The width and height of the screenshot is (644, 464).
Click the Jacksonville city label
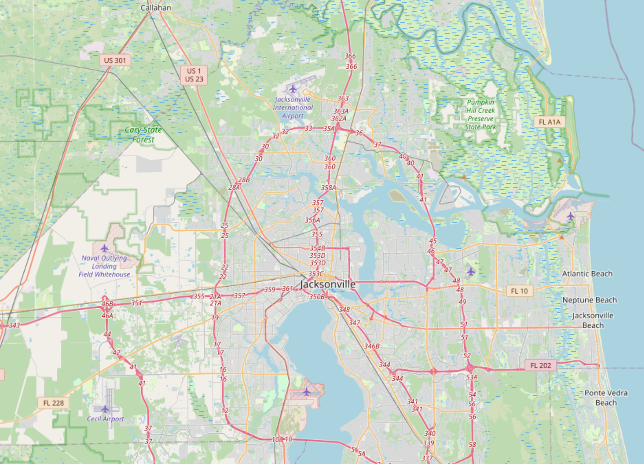click(327, 284)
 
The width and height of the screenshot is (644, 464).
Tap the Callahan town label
click(155, 8)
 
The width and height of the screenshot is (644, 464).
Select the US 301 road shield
click(115, 60)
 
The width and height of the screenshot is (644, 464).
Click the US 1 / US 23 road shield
click(194, 75)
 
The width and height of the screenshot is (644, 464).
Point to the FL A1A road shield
click(550, 122)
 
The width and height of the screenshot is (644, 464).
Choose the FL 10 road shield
click(519, 291)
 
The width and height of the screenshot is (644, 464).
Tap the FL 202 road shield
click(540, 365)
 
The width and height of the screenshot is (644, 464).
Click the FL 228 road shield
click(54, 403)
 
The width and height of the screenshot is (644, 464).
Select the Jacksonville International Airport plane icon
click(292, 88)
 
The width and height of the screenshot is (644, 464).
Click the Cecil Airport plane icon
click(105, 409)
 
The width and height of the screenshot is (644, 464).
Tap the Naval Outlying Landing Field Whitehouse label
click(104, 266)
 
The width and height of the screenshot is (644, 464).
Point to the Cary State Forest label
click(143, 135)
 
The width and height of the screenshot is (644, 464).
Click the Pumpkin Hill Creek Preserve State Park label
click(480, 115)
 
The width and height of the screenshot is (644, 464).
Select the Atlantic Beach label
click(587, 273)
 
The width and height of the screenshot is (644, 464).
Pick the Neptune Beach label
click(589, 300)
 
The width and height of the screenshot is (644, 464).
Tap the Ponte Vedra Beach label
click(605, 398)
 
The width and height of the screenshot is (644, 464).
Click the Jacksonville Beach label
click(593, 320)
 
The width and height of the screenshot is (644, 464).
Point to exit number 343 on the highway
click(14, 326)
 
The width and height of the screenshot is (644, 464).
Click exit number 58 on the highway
click(472, 444)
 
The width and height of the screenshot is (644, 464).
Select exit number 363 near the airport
click(343, 98)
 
